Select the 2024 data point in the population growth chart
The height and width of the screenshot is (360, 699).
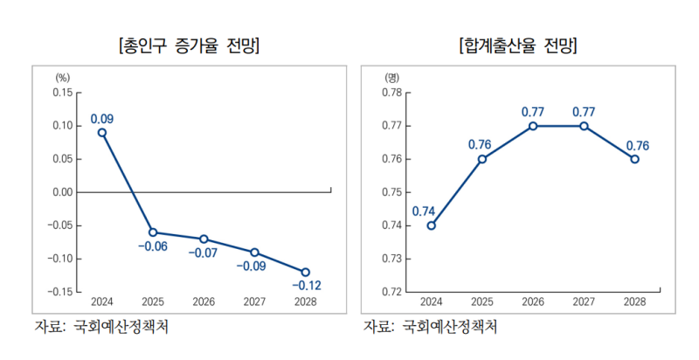(102, 133)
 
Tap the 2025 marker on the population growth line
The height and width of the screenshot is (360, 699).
(153, 232)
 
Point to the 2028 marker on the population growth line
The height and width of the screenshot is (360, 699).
(305, 272)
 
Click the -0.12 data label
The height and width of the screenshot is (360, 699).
(306, 287)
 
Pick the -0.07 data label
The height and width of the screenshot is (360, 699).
(204, 253)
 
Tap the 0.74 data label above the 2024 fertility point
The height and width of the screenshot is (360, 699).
(423, 210)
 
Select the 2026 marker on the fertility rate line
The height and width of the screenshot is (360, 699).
(533, 126)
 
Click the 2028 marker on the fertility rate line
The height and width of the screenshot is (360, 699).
(635, 159)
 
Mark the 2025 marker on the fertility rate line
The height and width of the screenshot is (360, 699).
(481, 159)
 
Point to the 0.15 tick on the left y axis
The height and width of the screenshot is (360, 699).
(62, 93)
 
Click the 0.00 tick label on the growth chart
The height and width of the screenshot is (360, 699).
(62, 192)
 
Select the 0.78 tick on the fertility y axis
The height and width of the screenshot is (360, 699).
(391, 93)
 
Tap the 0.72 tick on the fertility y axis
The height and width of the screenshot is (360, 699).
(391, 292)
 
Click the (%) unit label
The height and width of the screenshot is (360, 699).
(62, 79)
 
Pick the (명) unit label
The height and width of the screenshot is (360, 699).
(391, 79)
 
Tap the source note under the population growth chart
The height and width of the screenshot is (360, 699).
(100, 328)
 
